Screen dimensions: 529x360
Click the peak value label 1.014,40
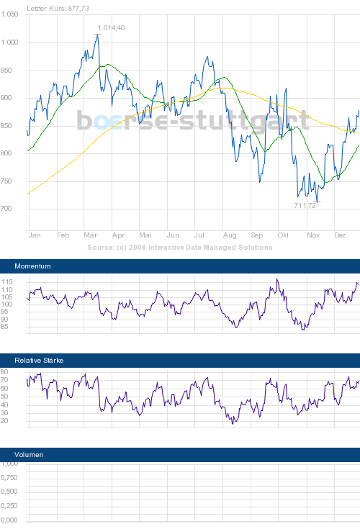point(111,28)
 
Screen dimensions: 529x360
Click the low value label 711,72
point(305,206)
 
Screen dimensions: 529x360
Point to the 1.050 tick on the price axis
point(9,15)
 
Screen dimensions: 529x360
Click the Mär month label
point(91,235)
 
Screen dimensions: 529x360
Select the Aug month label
point(230,235)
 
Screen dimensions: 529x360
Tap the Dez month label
point(341,235)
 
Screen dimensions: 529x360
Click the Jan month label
point(34,235)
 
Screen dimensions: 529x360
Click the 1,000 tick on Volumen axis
point(9,464)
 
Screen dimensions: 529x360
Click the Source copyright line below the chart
point(180,247)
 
